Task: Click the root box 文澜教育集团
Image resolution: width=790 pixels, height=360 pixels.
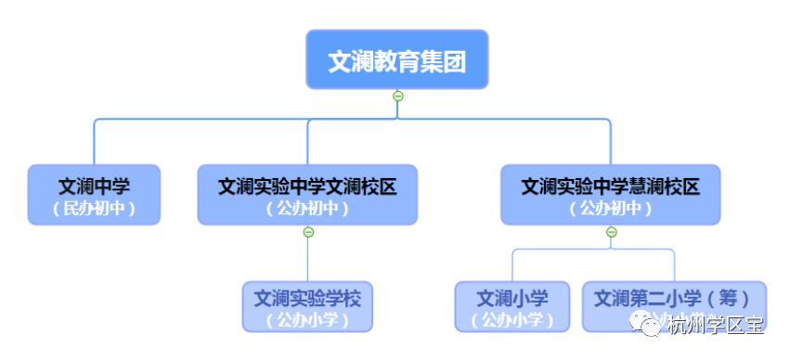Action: pyautogui.click(x=396, y=60)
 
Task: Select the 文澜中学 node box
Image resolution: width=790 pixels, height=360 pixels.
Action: pyautogui.click(x=94, y=195)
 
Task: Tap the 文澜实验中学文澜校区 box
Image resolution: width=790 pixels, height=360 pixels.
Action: pyautogui.click(x=308, y=195)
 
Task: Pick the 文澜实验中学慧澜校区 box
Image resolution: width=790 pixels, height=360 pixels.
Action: pyautogui.click(x=610, y=195)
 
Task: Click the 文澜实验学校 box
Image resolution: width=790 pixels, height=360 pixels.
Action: pyautogui.click(x=307, y=307)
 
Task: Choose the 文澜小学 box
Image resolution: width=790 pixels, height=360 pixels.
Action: pyautogui.click(x=512, y=307)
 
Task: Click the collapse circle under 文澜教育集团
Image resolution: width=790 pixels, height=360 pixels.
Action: pyautogui.click(x=397, y=96)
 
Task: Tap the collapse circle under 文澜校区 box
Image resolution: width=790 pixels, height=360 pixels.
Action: pyautogui.click(x=308, y=232)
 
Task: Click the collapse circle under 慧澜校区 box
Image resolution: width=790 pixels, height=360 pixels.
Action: pyautogui.click(x=611, y=232)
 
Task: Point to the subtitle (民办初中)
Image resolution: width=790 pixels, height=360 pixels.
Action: pyautogui.click(x=94, y=209)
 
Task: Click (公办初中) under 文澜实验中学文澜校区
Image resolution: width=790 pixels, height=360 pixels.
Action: pyautogui.click(x=308, y=209)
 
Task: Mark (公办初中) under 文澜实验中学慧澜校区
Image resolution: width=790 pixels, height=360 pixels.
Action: pyautogui.click(x=610, y=209)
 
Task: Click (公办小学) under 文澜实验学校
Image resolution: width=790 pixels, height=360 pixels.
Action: pyautogui.click(x=307, y=320)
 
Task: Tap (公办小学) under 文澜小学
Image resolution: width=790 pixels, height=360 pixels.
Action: pyautogui.click(x=512, y=320)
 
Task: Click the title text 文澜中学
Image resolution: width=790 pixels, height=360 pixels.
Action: pyautogui.click(x=94, y=186)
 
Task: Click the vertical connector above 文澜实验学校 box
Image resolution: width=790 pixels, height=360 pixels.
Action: pyautogui.click(x=308, y=260)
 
